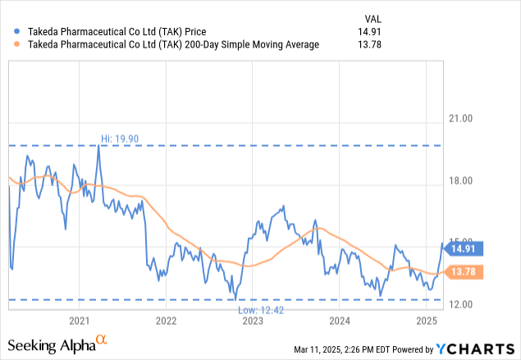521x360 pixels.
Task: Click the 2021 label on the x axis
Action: (x=80, y=320)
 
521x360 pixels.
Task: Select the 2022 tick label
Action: (x=166, y=320)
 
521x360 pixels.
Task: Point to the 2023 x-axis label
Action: (x=253, y=320)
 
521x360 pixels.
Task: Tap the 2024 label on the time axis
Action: (x=340, y=320)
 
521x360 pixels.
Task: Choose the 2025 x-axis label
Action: (x=427, y=320)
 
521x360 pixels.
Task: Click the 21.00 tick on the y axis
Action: (x=464, y=119)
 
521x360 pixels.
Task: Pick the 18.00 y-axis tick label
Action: (x=464, y=182)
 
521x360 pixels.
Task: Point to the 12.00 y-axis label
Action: (x=464, y=305)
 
